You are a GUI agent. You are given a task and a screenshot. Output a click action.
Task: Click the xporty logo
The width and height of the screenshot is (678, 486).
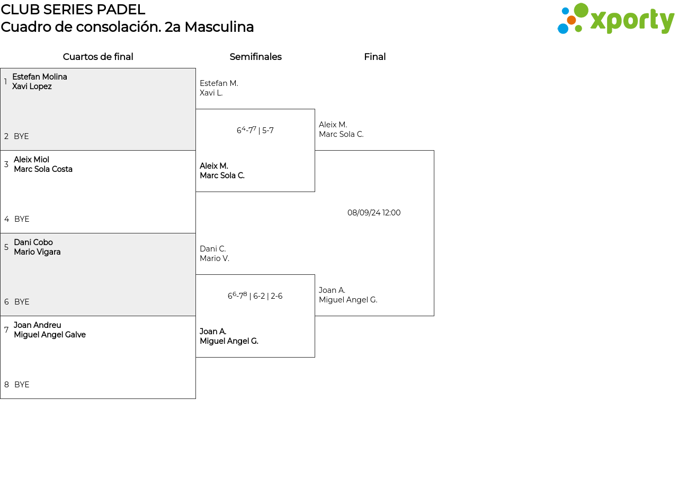(x=616, y=19)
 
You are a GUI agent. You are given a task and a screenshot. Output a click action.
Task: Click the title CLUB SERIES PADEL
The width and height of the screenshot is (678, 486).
(x=73, y=10)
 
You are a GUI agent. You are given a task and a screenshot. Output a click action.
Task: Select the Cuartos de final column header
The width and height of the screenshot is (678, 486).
(x=98, y=57)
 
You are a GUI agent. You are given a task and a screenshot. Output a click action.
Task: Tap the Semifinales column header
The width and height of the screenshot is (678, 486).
(x=255, y=57)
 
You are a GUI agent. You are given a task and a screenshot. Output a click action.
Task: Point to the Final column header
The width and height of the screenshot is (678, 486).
(x=374, y=57)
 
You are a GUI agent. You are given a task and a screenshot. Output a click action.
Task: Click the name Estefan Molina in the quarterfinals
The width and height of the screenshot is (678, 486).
(x=40, y=77)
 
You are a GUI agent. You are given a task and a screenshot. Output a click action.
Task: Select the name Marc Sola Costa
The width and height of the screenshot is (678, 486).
(x=43, y=169)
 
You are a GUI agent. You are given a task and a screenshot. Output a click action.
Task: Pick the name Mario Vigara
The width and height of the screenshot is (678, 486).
(x=37, y=252)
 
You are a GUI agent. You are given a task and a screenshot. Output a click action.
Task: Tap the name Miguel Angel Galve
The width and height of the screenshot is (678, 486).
(x=50, y=335)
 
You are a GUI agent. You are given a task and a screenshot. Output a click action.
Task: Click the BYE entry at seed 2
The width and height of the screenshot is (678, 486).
(x=22, y=136)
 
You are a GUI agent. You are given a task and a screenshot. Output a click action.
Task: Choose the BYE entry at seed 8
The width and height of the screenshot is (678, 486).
(x=22, y=385)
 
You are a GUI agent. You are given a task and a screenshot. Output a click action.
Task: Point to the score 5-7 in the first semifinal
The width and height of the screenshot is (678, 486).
(x=268, y=131)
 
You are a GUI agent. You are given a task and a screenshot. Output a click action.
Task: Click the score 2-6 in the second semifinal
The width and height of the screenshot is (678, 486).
(x=276, y=296)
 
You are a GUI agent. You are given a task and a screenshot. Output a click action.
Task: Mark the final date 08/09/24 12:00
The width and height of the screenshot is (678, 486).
(x=374, y=213)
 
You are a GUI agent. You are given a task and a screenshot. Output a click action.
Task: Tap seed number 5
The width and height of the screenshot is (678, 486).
(x=6, y=247)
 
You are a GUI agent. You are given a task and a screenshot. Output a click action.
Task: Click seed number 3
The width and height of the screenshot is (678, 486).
(x=6, y=164)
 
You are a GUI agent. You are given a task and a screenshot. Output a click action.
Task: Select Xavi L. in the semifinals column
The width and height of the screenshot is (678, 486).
(x=211, y=93)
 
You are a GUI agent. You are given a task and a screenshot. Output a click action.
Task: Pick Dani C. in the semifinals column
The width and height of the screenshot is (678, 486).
(x=213, y=249)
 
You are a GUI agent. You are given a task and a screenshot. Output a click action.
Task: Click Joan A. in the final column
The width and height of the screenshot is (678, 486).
(x=332, y=290)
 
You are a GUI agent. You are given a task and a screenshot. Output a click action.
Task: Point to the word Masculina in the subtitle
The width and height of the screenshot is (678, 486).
(x=219, y=27)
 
